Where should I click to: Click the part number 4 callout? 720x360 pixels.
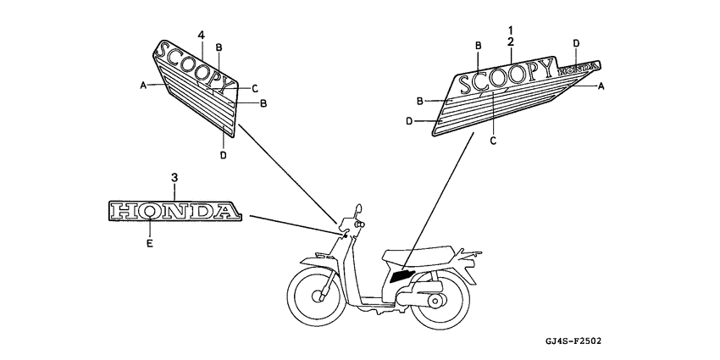click(x=201, y=36)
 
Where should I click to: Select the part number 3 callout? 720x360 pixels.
click(x=174, y=177)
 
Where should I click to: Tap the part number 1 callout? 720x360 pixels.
click(x=511, y=30)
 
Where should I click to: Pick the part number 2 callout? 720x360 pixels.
click(x=511, y=42)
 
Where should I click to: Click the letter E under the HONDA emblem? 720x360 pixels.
click(x=150, y=244)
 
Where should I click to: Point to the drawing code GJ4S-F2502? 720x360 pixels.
click(x=573, y=341)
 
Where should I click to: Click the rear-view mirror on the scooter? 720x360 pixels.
click(x=358, y=209)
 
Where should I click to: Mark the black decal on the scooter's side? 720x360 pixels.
click(x=402, y=276)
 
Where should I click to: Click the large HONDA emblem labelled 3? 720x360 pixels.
click(x=174, y=211)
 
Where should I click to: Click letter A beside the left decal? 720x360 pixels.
click(x=143, y=85)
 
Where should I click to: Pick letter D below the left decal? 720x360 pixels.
click(x=223, y=155)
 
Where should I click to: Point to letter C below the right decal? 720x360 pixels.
click(x=493, y=141)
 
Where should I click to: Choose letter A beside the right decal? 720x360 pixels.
click(x=601, y=86)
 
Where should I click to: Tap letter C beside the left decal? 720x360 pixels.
click(x=255, y=89)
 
